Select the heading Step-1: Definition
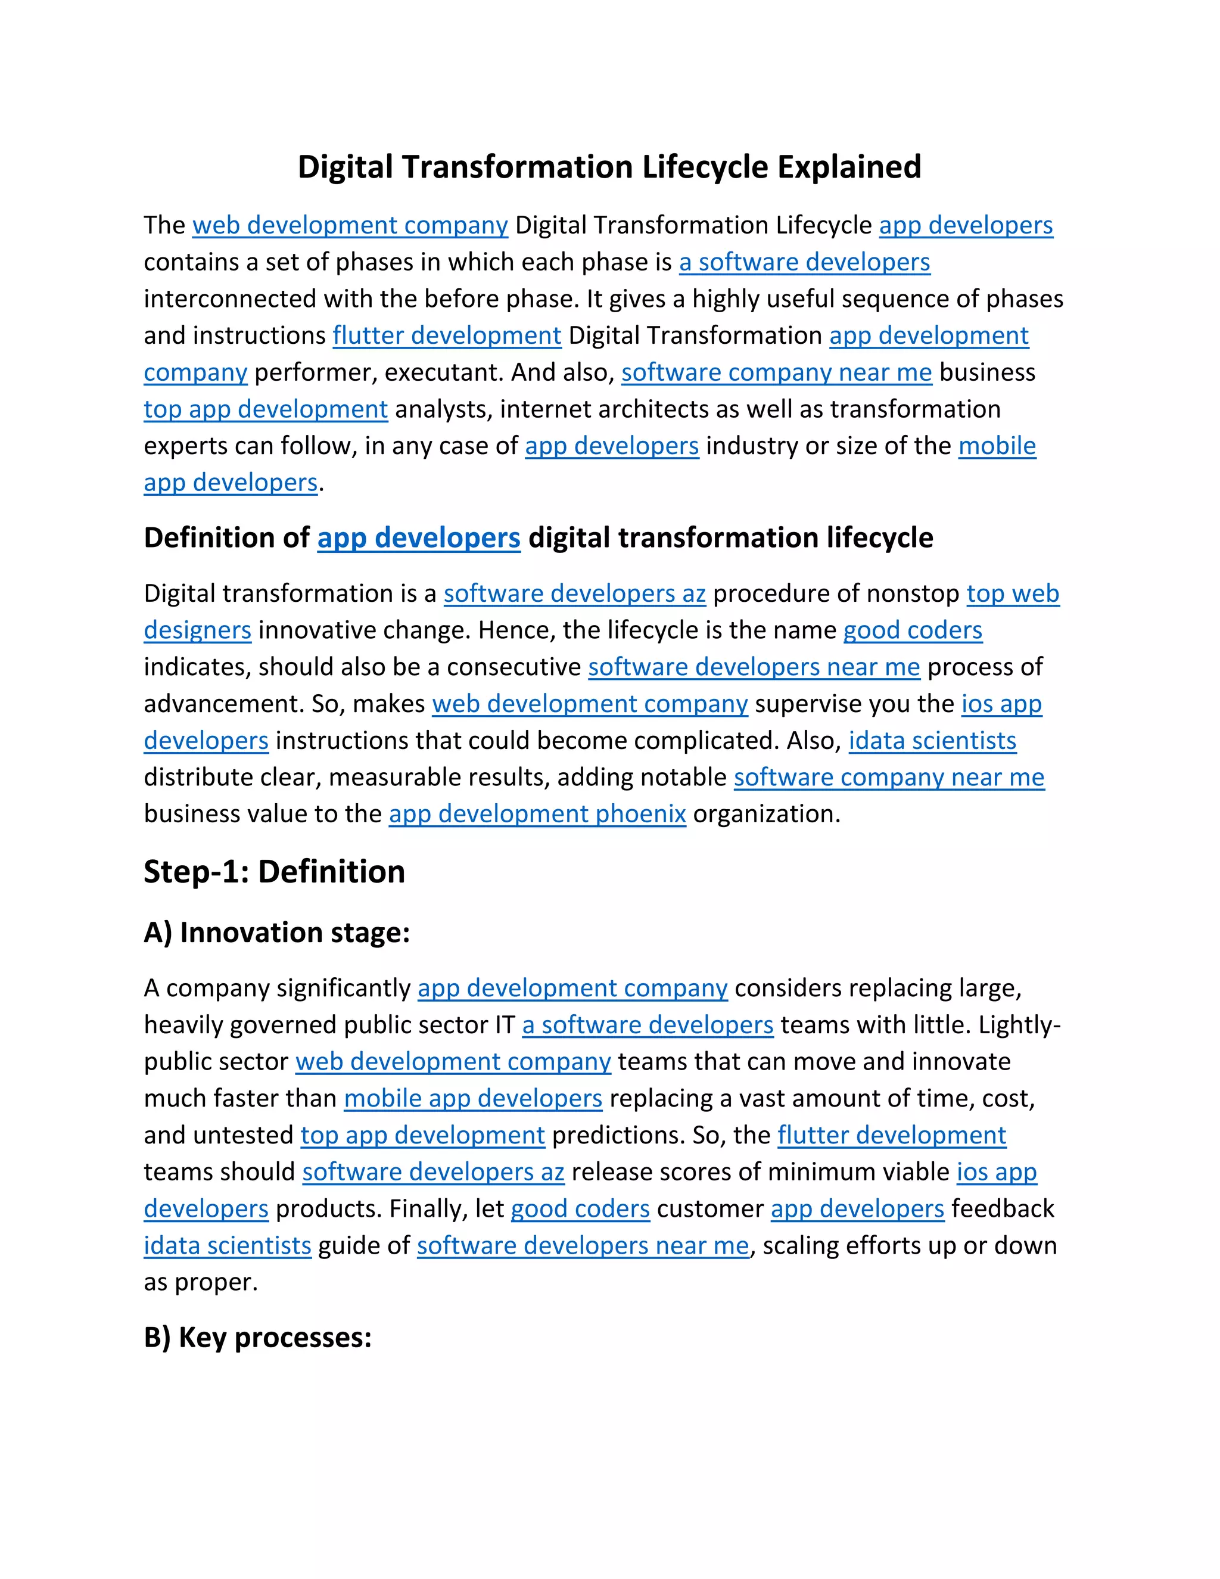point(274,871)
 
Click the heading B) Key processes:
point(257,1337)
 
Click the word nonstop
point(912,593)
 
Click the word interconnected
point(230,299)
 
